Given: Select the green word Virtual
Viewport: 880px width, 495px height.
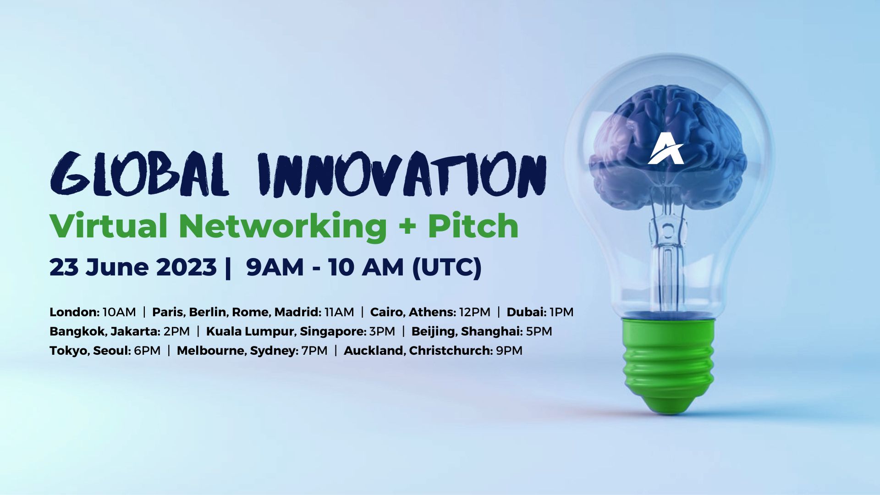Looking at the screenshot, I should (108, 226).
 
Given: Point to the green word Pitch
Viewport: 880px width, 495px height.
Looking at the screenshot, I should (473, 226).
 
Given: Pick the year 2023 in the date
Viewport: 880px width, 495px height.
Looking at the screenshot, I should (186, 267).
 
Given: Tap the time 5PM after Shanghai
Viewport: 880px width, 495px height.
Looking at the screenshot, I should (539, 331).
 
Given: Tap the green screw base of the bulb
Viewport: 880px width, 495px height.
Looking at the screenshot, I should (668, 362).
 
